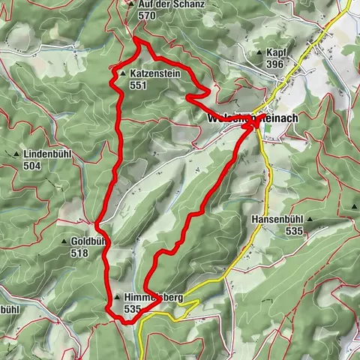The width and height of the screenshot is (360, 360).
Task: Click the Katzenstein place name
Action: pos(154,75)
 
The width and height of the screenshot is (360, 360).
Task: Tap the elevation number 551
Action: pos(139,86)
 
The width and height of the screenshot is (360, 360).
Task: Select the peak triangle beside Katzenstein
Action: pos(122,75)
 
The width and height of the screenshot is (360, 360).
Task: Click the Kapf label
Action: pos(275,53)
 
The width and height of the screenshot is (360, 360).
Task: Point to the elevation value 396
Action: pos(274,64)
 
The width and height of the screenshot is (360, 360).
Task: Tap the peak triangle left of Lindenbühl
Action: pos(16,154)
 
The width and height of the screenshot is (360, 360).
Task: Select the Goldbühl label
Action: pos(87,242)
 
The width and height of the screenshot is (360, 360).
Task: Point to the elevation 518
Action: pos(79,253)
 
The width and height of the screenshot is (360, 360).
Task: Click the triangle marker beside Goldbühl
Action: pos(63,242)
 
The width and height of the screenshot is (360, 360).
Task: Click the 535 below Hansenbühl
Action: pos(294,232)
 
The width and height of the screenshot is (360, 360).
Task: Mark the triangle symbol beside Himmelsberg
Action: pos(117,298)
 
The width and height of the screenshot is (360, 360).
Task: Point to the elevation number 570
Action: pos(147,15)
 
